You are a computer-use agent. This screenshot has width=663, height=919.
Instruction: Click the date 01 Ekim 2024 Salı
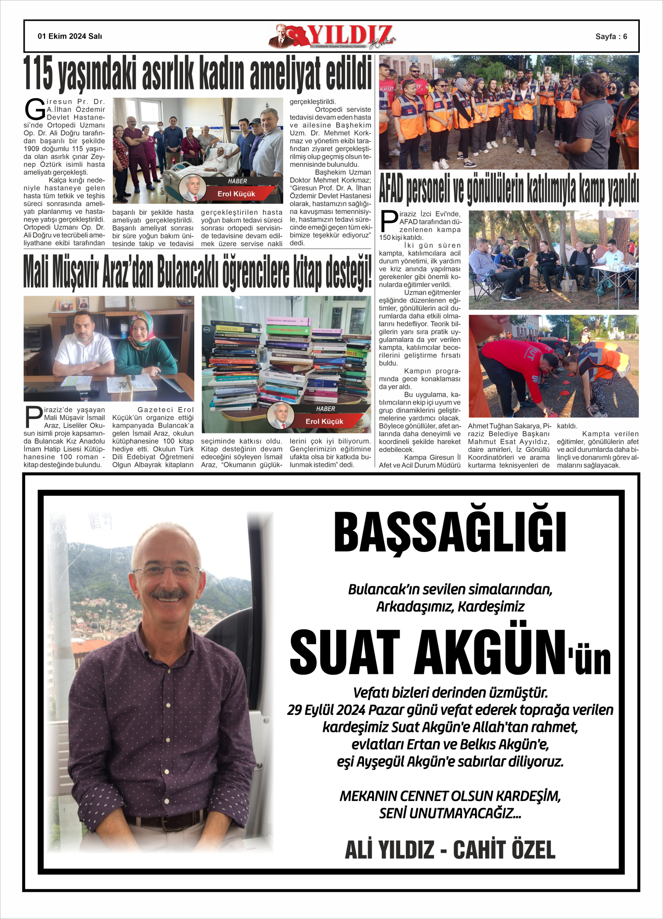point(70,36)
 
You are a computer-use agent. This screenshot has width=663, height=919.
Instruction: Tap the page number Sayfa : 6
point(611,37)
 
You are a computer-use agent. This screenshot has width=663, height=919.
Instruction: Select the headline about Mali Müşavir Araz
point(198,272)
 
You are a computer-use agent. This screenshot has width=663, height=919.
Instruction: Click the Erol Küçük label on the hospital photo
point(236,194)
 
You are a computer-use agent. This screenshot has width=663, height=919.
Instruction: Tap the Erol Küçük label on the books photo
point(324,421)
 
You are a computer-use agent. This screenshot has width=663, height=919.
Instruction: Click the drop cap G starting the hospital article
point(35,110)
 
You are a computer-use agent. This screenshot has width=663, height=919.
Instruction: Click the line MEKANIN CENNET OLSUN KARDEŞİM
point(450,796)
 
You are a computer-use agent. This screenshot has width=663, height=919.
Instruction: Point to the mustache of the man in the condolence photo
point(168,595)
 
